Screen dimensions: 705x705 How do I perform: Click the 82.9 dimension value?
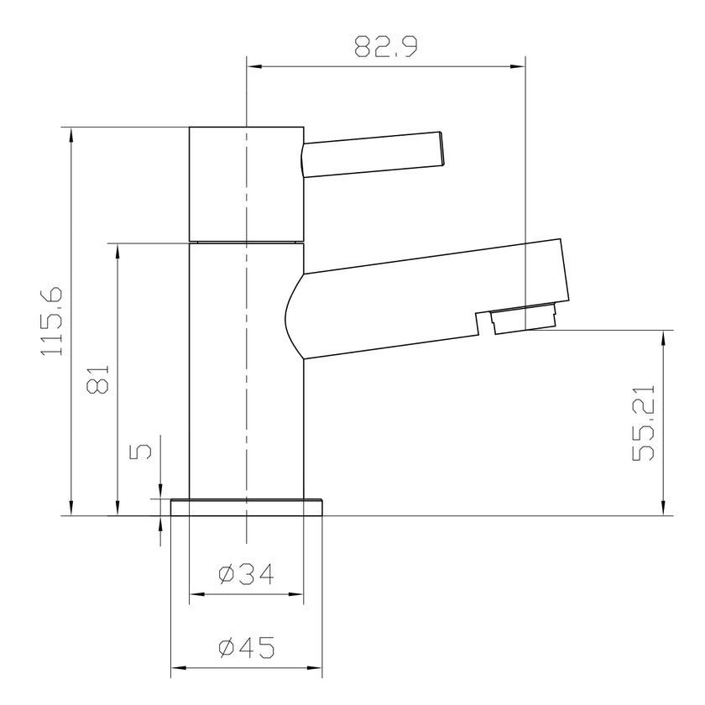click(x=386, y=47)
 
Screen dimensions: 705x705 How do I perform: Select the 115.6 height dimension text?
click(x=52, y=321)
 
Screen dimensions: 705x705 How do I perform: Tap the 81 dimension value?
click(x=98, y=380)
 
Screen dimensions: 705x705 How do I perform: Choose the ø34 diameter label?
click(x=246, y=574)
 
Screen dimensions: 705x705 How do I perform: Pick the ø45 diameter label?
click(x=246, y=648)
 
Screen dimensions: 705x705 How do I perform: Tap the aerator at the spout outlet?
click(x=525, y=318)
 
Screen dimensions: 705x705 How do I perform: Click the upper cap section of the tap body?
click(x=246, y=183)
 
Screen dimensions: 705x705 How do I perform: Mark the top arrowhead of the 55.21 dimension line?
click(x=665, y=337)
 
